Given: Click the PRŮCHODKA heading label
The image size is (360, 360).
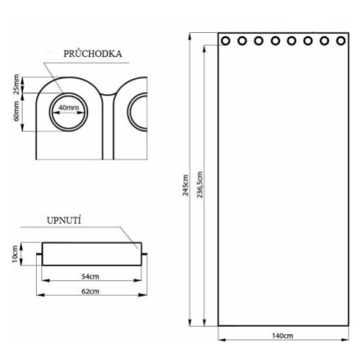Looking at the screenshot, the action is point(93,54).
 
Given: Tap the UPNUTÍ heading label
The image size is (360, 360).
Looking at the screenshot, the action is point(64,221).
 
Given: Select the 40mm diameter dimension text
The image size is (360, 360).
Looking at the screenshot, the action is point(69,107).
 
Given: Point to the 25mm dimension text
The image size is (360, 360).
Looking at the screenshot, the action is point(16,84).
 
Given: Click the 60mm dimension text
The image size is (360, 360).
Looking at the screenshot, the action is point(16,111).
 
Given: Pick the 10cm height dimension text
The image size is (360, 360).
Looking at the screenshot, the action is point(15,254).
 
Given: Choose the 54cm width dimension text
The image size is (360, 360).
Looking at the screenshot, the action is point(90,277).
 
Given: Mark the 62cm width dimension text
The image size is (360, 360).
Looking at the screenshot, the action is point(90,291).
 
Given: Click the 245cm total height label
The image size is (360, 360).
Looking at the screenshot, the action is point(185,185).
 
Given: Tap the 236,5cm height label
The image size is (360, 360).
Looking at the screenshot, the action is point(200,185).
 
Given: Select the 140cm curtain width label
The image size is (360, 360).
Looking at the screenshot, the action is point(283,335).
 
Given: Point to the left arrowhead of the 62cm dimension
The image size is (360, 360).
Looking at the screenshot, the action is point(41,295).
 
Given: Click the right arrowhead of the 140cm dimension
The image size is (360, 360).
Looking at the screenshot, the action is point(345,339).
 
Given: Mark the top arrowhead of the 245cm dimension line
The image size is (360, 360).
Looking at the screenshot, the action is point(189,37).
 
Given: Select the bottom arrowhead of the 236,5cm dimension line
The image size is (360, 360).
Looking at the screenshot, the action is point(204,322).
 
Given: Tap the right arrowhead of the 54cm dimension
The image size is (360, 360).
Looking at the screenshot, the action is point(138,280).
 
